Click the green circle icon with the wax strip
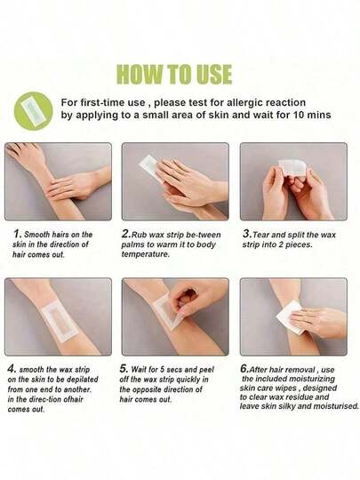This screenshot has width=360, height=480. [34, 111]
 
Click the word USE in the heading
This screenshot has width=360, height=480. [214, 74]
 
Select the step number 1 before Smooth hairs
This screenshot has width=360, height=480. [17, 234]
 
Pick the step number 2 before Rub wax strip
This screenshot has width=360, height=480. [126, 234]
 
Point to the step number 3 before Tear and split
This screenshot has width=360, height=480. [247, 234]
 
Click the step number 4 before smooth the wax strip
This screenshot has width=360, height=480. [12, 369]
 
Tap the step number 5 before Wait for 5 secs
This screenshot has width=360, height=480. [124, 369]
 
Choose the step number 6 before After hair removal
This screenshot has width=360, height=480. [245, 369]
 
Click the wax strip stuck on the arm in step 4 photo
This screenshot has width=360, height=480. [59, 321]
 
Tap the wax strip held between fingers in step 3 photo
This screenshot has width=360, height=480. [292, 167]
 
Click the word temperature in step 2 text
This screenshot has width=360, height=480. [146, 254]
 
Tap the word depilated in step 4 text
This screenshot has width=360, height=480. [83, 380]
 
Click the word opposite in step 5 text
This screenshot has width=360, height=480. [148, 389]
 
